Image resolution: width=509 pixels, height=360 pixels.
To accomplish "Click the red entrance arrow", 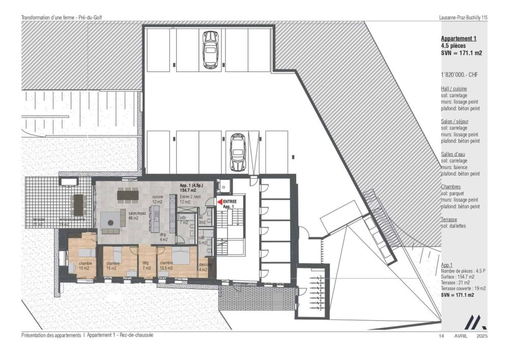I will (220, 202).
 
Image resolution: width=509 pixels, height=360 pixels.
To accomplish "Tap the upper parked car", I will (210, 50).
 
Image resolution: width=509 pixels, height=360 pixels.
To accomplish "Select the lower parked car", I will (237, 152).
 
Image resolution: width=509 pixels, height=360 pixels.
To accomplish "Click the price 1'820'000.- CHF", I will (459, 75).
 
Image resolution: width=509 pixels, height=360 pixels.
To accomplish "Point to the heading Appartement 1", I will (459, 39).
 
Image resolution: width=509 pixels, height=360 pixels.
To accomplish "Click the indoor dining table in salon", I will (127, 194).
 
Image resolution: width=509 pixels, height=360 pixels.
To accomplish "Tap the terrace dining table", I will (78, 204).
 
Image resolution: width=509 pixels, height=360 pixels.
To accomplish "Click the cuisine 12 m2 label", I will (158, 199).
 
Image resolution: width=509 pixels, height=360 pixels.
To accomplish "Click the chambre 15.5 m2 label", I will (166, 265).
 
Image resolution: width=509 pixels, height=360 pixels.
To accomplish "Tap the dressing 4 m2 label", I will (205, 267).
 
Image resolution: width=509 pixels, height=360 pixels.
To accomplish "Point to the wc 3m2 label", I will (202, 220).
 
